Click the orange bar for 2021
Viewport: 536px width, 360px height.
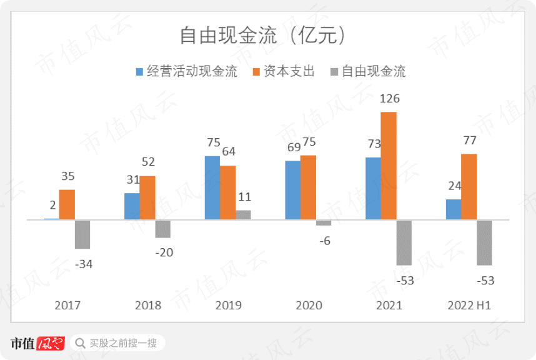click(389, 166)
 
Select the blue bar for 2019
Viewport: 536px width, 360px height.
click(212, 187)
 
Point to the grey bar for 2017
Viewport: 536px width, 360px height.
click(82, 234)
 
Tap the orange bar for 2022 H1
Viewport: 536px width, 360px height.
click(469, 187)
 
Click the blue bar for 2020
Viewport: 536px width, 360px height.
click(293, 190)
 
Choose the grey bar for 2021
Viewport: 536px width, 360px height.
click(404, 242)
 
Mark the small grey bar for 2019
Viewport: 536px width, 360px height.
click(243, 215)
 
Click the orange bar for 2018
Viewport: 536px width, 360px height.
click(147, 197)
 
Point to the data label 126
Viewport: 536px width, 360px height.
click(389, 99)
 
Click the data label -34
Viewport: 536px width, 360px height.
click(83, 264)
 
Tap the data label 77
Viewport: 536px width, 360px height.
click(469, 141)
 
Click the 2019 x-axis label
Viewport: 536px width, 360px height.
click(229, 306)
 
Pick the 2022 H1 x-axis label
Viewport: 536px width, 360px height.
click(470, 306)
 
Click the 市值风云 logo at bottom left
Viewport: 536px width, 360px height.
click(37, 343)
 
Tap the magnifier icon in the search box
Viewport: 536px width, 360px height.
click(79, 343)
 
